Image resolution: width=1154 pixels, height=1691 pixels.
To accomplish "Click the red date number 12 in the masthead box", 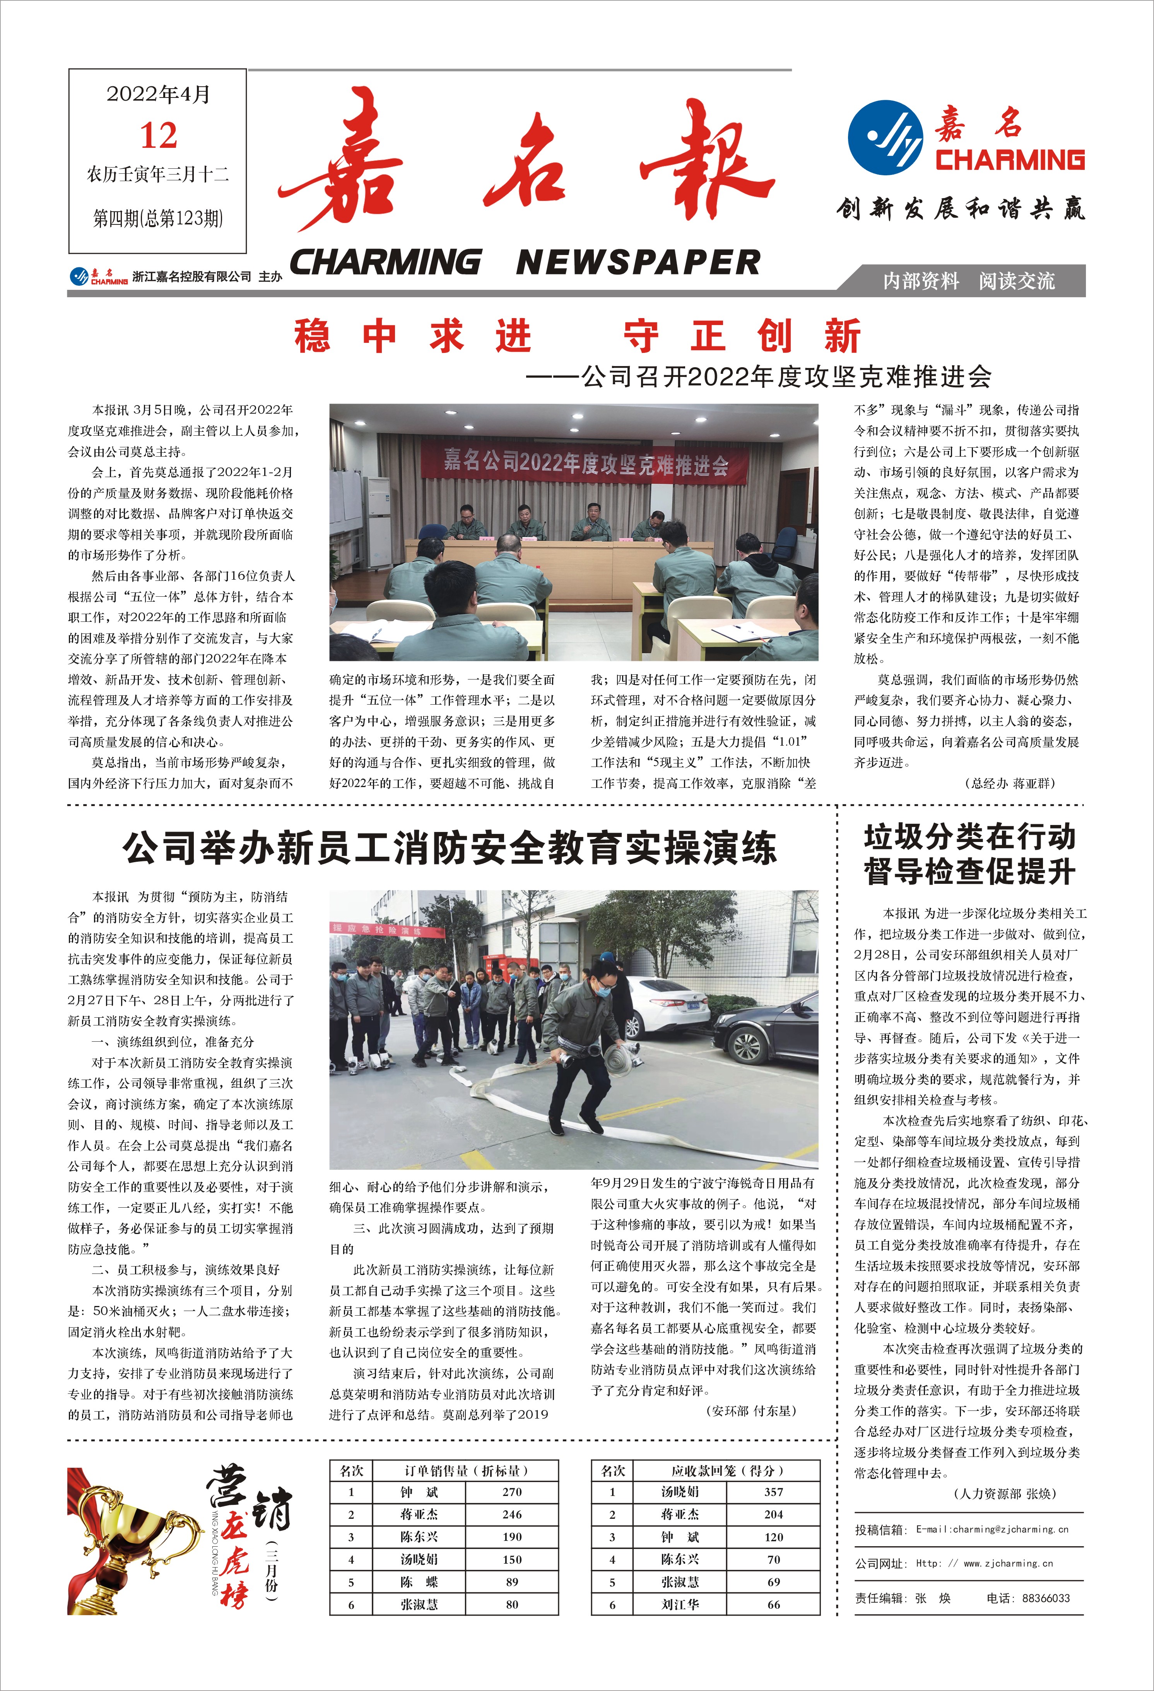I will (158, 135).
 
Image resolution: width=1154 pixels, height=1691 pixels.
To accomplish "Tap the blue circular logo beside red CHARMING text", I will (886, 137).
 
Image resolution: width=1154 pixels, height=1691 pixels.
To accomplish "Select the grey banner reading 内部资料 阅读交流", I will (968, 281).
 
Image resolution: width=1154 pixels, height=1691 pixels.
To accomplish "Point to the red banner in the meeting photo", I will (586, 461).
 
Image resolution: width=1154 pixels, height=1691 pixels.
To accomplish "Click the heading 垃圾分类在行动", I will (969, 837).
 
